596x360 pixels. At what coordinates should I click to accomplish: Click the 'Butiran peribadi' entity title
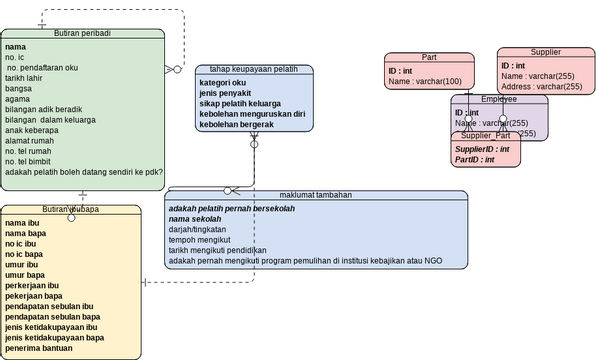pos(82,33)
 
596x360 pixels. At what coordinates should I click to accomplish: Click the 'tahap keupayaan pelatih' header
pos(253,70)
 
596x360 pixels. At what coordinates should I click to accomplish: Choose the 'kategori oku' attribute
pos(222,83)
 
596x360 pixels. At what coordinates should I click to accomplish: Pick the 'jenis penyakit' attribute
pos(226,94)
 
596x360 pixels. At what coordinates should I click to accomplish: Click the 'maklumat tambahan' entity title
pos(316,195)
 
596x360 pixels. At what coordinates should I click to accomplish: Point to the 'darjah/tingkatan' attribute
pos(199,230)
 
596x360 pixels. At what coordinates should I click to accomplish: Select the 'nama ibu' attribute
pos(22,222)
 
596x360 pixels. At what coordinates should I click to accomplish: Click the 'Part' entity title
pos(430,58)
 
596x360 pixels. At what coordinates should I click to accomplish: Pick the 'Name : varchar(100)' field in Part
pos(425,82)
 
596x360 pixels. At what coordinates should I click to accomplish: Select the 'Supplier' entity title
pos(545,52)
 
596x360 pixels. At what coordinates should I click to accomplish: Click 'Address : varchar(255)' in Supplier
pos(541,87)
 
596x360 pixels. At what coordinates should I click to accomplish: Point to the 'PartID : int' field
pos(476,159)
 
